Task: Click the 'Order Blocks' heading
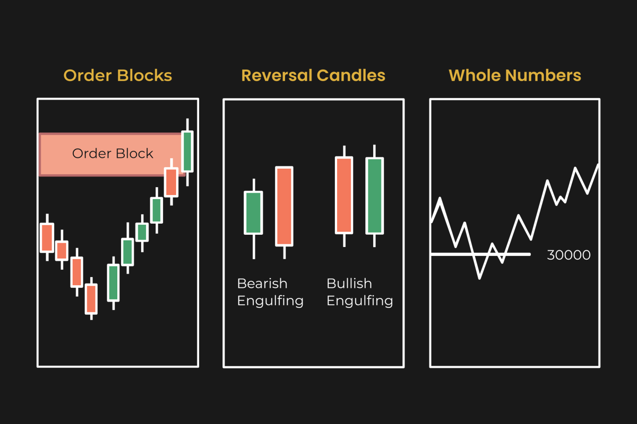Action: coord(118,75)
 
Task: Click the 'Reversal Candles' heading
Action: coord(313,75)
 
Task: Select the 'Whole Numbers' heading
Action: coord(515,75)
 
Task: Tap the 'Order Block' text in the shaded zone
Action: coord(113,154)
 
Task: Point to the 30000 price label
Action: coord(569,255)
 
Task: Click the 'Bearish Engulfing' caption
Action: coord(270,292)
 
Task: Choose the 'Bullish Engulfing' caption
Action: coord(359,292)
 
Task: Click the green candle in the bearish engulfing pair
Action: coord(253,213)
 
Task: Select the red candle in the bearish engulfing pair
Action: coord(284,206)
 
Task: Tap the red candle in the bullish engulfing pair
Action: coord(344,195)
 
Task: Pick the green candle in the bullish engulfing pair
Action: coord(375,196)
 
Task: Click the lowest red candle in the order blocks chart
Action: coord(92,299)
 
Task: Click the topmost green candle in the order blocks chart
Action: coord(187,151)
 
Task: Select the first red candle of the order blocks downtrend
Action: coord(47,237)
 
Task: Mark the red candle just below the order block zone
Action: coord(170,182)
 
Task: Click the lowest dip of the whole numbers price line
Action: coord(480,277)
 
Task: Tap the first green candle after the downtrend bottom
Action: coord(113,282)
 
